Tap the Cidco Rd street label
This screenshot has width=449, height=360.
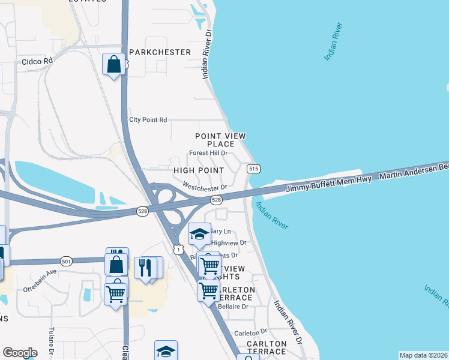(x=38, y=61)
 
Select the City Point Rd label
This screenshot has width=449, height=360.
(x=148, y=120)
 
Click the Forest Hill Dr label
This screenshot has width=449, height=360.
(x=208, y=153)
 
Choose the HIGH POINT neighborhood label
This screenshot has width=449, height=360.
(x=199, y=171)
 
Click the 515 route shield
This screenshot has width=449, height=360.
(x=253, y=169)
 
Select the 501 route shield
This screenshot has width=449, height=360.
(x=66, y=261)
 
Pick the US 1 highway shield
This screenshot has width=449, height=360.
(x=178, y=248)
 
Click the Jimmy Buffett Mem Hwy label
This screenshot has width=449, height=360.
(x=330, y=184)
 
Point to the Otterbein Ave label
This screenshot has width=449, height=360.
(x=40, y=271)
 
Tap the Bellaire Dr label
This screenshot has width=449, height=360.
(x=236, y=307)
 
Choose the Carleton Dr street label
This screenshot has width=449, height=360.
(x=250, y=332)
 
